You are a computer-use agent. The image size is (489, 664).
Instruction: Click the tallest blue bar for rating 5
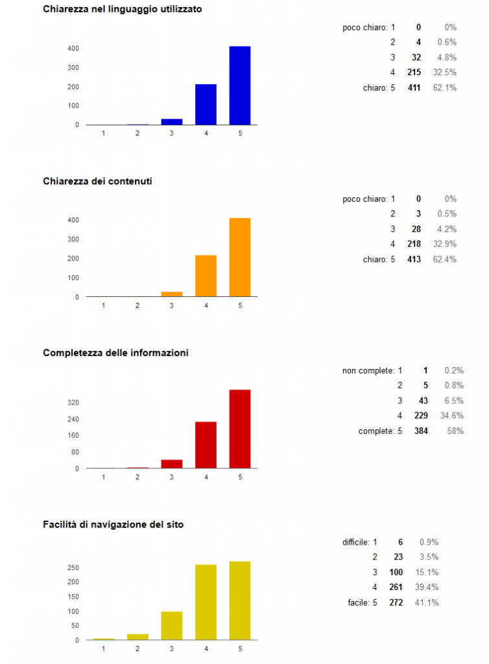tap(240, 86)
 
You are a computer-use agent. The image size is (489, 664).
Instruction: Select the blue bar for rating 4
tap(206, 104)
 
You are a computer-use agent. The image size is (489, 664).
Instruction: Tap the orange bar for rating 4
tap(206, 276)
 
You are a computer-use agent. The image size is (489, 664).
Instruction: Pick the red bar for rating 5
tap(240, 429)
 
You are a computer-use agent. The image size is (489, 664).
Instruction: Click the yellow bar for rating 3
tap(172, 626)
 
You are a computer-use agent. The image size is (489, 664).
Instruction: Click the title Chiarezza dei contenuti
tap(97, 181)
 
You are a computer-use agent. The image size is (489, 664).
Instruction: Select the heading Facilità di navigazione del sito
tap(113, 524)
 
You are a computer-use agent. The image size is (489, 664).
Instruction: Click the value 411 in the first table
tap(414, 88)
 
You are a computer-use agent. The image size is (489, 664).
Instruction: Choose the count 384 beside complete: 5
tap(421, 431)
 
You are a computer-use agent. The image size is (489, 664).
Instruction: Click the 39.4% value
tap(427, 587)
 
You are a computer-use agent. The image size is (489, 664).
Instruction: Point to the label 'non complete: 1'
tap(372, 371)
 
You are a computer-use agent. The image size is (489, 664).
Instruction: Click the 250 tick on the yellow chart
tap(73, 568)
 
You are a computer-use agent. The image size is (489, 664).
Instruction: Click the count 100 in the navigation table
tap(396, 573)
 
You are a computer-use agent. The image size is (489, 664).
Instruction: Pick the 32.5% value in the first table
tap(445, 73)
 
